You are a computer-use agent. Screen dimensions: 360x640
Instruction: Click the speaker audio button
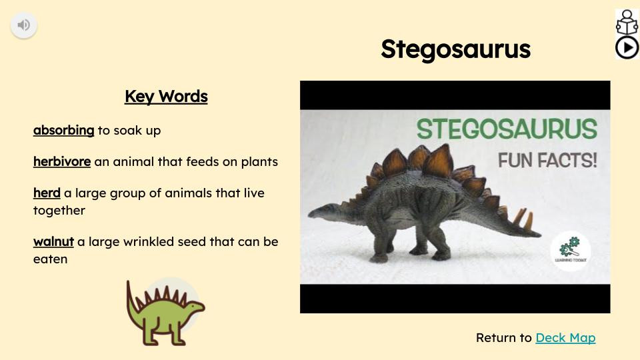(x=24, y=25)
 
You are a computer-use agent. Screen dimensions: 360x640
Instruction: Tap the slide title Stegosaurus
(x=455, y=49)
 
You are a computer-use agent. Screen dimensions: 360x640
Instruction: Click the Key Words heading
(x=166, y=97)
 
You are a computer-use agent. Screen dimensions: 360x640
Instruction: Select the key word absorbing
(x=63, y=131)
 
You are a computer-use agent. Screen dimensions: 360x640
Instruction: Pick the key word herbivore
(x=62, y=162)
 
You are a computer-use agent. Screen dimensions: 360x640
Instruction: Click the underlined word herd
(x=47, y=193)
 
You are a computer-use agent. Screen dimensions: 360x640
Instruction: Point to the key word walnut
(x=53, y=242)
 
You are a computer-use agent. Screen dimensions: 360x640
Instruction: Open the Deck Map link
(x=565, y=338)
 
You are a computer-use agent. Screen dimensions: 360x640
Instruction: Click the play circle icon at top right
(x=627, y=48)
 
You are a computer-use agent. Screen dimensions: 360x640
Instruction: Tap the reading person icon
(x=627, y=22)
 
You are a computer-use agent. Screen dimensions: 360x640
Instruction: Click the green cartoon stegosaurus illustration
(x=165, y=312)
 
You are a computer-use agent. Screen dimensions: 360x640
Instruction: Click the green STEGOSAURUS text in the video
(x=507, y=129)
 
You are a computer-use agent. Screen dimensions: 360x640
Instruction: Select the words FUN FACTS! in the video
(x=547, y=161)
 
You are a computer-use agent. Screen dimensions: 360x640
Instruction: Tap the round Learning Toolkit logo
(x=570, y=251)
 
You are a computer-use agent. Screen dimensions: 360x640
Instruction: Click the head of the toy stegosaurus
(x=317, y=212)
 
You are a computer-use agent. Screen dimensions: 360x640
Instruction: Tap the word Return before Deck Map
(x=503, y=338)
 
